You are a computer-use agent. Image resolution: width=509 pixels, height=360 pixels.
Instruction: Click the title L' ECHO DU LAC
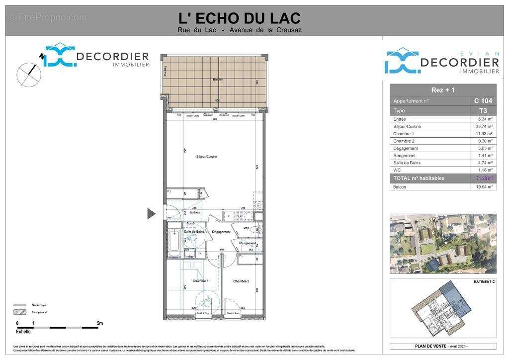click(239, 18)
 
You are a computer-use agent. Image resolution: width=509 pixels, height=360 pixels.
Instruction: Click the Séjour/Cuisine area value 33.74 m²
click(484, 126)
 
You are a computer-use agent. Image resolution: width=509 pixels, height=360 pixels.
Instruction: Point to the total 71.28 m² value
click(484, 178)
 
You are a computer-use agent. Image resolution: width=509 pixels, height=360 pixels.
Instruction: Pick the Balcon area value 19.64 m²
click(484, 187)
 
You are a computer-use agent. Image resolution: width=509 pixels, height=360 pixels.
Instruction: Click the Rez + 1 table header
click(442, 90)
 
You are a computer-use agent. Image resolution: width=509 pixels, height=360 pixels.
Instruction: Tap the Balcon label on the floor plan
click(217, 80)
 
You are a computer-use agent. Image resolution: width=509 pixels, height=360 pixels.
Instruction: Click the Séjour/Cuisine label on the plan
click(206, 157)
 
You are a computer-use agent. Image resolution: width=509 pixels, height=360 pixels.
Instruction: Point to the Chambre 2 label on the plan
click(241, 281)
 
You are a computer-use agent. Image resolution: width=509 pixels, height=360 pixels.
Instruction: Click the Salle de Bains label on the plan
click(194, 232)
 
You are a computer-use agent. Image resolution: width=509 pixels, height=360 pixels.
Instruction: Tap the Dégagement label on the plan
click(221, 232)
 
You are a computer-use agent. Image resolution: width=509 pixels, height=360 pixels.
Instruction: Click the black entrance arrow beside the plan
click(151, 214)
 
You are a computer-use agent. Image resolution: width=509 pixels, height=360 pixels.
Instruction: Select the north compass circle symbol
click(29, 74)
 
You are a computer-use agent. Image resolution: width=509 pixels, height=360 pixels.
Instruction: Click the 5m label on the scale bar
click(100, 323)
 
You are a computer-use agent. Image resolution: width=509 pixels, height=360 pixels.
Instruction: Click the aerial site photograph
click(442, 244)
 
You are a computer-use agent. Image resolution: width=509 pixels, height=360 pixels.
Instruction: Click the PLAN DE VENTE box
click(442, 346)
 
